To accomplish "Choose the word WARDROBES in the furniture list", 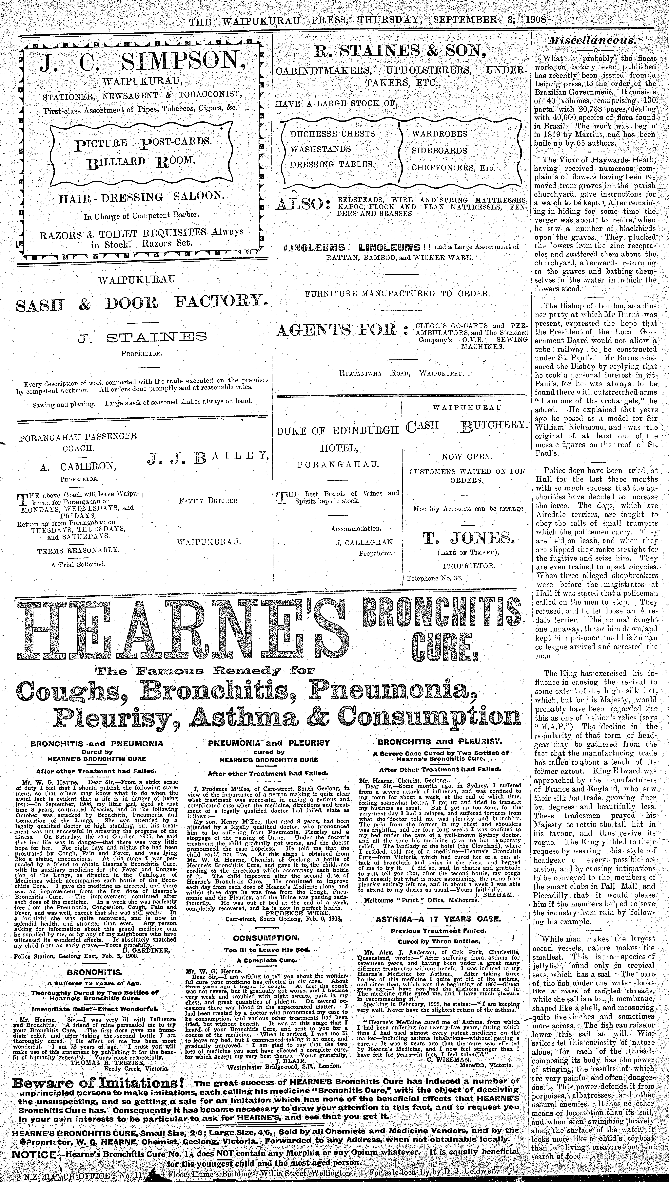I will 439,134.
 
